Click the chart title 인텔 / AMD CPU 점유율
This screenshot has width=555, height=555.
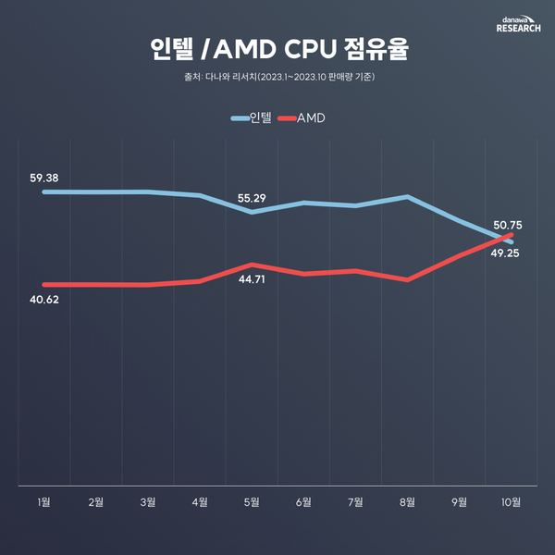click(x=277, y=49)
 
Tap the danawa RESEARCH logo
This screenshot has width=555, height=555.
click(x=518, y=23)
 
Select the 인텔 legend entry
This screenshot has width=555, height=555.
click(x=252, y=118)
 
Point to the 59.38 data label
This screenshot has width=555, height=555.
click(x=44, y=177)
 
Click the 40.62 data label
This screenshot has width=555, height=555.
click(x=44, y=299)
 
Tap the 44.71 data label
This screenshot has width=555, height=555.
click(x=253, y=278)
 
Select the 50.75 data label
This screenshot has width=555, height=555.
click(x=508, y=224)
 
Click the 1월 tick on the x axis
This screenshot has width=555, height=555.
click(x=44, y=502)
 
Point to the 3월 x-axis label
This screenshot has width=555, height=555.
click(x=148, y=502)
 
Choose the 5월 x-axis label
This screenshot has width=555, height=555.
click(x=252, y=502)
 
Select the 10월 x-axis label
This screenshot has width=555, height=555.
click(x=511, y=502)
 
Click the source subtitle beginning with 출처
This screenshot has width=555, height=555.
click(x=277, y=77)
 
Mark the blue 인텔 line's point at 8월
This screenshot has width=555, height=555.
click(x=408, y=196)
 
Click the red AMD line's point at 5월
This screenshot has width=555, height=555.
click(x=252, y=265)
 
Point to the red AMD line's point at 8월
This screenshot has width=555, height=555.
click(x=408, y=279)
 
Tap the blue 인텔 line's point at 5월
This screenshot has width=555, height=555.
click(x=252, y=212)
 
